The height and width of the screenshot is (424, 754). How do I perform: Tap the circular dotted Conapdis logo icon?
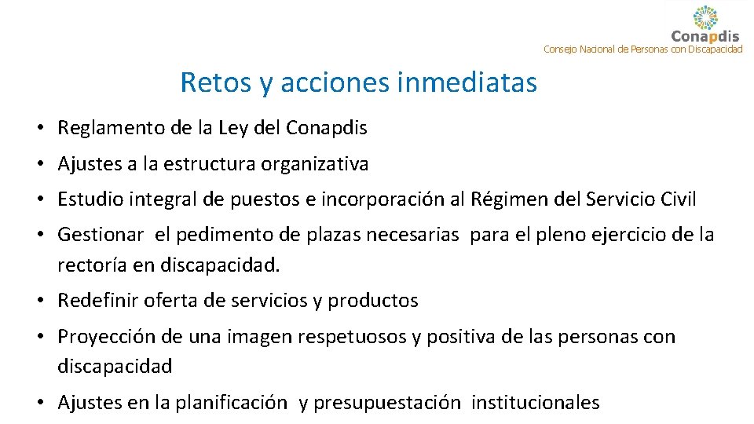click(705, 17)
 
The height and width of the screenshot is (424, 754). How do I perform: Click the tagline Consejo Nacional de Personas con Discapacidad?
click(642, 49)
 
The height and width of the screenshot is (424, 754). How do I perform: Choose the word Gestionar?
click(101, 235)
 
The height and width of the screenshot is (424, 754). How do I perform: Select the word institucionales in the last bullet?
click(536, 404)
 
